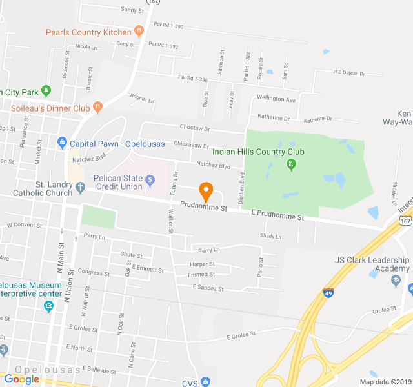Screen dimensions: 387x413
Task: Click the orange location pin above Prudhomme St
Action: (x=206, y=192)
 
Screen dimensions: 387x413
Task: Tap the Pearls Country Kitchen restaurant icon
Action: (x=138, y=31)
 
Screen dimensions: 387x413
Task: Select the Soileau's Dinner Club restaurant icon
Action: (x=97, y=107)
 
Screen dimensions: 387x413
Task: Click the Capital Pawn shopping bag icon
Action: (x=62, y=143)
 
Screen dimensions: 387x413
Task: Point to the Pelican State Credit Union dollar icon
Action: (x=150, y=179)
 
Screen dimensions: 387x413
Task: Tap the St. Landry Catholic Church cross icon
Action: (x=80, y=188)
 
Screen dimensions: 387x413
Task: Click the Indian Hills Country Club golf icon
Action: (x=292, y=164)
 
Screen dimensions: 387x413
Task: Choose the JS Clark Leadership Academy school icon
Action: (x=396, y=281)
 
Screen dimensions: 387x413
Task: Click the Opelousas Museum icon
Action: (x=48, y=307)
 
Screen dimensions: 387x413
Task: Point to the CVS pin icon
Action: (x=205, y=382)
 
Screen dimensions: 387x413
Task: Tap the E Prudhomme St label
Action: (x=277, y=215)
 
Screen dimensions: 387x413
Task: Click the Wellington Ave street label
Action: (x=276, y=99)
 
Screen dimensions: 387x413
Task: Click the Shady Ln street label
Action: (x=270, y=237)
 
